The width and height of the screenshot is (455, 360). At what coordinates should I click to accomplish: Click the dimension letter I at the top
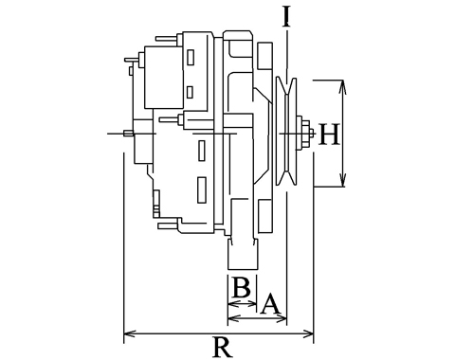click(x=286, y=16)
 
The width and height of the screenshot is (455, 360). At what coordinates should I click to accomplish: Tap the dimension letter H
click(x=329, y=135)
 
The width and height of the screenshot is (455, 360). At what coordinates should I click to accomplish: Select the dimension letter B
click(x=242, y=287)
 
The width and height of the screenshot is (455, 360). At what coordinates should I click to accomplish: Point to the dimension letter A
click(x=270, y=304)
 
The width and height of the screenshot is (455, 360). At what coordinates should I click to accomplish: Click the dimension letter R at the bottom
click(x=224, y=347)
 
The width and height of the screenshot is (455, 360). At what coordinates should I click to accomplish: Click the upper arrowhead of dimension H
click(x=342, y=87)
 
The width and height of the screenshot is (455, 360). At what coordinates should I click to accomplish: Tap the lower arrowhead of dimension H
click(x=342, y=179)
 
